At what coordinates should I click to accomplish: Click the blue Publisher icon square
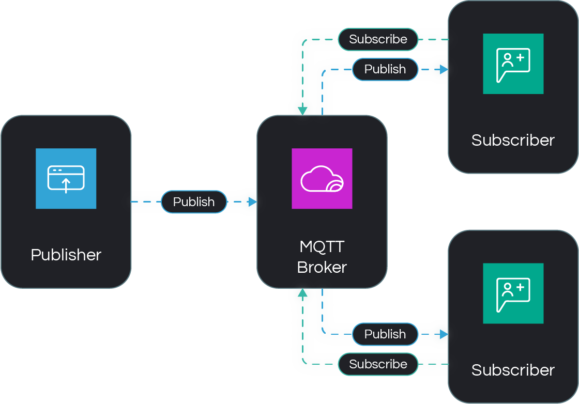coord(66,178)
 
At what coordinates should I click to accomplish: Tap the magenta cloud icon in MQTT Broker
coord(322,178)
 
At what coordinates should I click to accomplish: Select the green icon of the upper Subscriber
coord(513,64)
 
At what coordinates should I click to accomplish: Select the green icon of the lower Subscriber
coord(513,293)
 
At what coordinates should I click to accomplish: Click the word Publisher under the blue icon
coord(66,255)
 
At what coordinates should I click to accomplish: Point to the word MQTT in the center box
coord(322,246)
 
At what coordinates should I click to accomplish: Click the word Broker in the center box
coord(322,267)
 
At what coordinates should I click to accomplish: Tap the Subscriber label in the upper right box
coord(513,140)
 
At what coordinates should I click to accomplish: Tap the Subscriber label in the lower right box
coord(513,370)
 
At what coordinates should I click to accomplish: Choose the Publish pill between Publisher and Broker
coord(194,202)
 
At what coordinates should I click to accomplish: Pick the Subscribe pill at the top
coord(378,39)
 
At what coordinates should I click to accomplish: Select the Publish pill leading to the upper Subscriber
coord(385,69)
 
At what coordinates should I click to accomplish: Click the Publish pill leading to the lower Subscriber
coord(385,334)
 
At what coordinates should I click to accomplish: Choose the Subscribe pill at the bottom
coord(378,364)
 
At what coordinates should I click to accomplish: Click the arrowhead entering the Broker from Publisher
coord(252,202)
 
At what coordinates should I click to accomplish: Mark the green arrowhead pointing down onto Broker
coord(302,111)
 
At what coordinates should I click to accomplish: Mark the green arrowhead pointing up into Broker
coord(302,293)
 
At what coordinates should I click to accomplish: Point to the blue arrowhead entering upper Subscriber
coord(444,69)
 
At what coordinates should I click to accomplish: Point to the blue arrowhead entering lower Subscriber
coord(444,334)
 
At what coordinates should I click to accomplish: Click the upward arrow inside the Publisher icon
coord(66,185)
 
